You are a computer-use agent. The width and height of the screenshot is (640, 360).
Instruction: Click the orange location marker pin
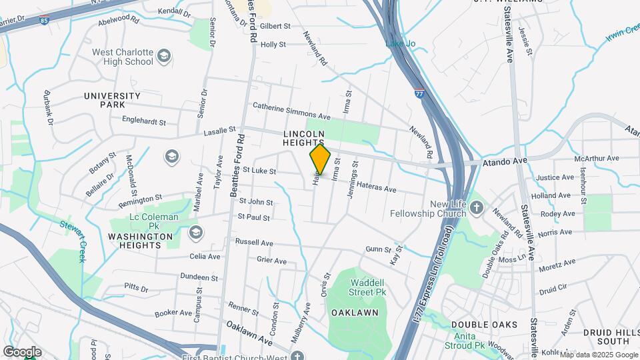tap(320, 160)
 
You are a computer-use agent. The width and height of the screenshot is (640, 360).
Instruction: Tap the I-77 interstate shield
tap(419, 94)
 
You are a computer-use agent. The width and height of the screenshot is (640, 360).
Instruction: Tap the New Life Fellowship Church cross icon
tap(477, 208)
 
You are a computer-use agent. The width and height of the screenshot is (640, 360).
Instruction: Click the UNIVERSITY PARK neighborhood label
tap(112, 100)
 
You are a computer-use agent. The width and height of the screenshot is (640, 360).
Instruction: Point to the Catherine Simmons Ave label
tap(291, 111)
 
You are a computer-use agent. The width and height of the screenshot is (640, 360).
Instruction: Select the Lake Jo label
tap(400, 44)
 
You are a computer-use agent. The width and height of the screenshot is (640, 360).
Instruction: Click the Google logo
tap(22, 351)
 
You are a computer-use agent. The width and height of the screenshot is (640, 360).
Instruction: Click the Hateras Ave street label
tap(376, 186)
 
